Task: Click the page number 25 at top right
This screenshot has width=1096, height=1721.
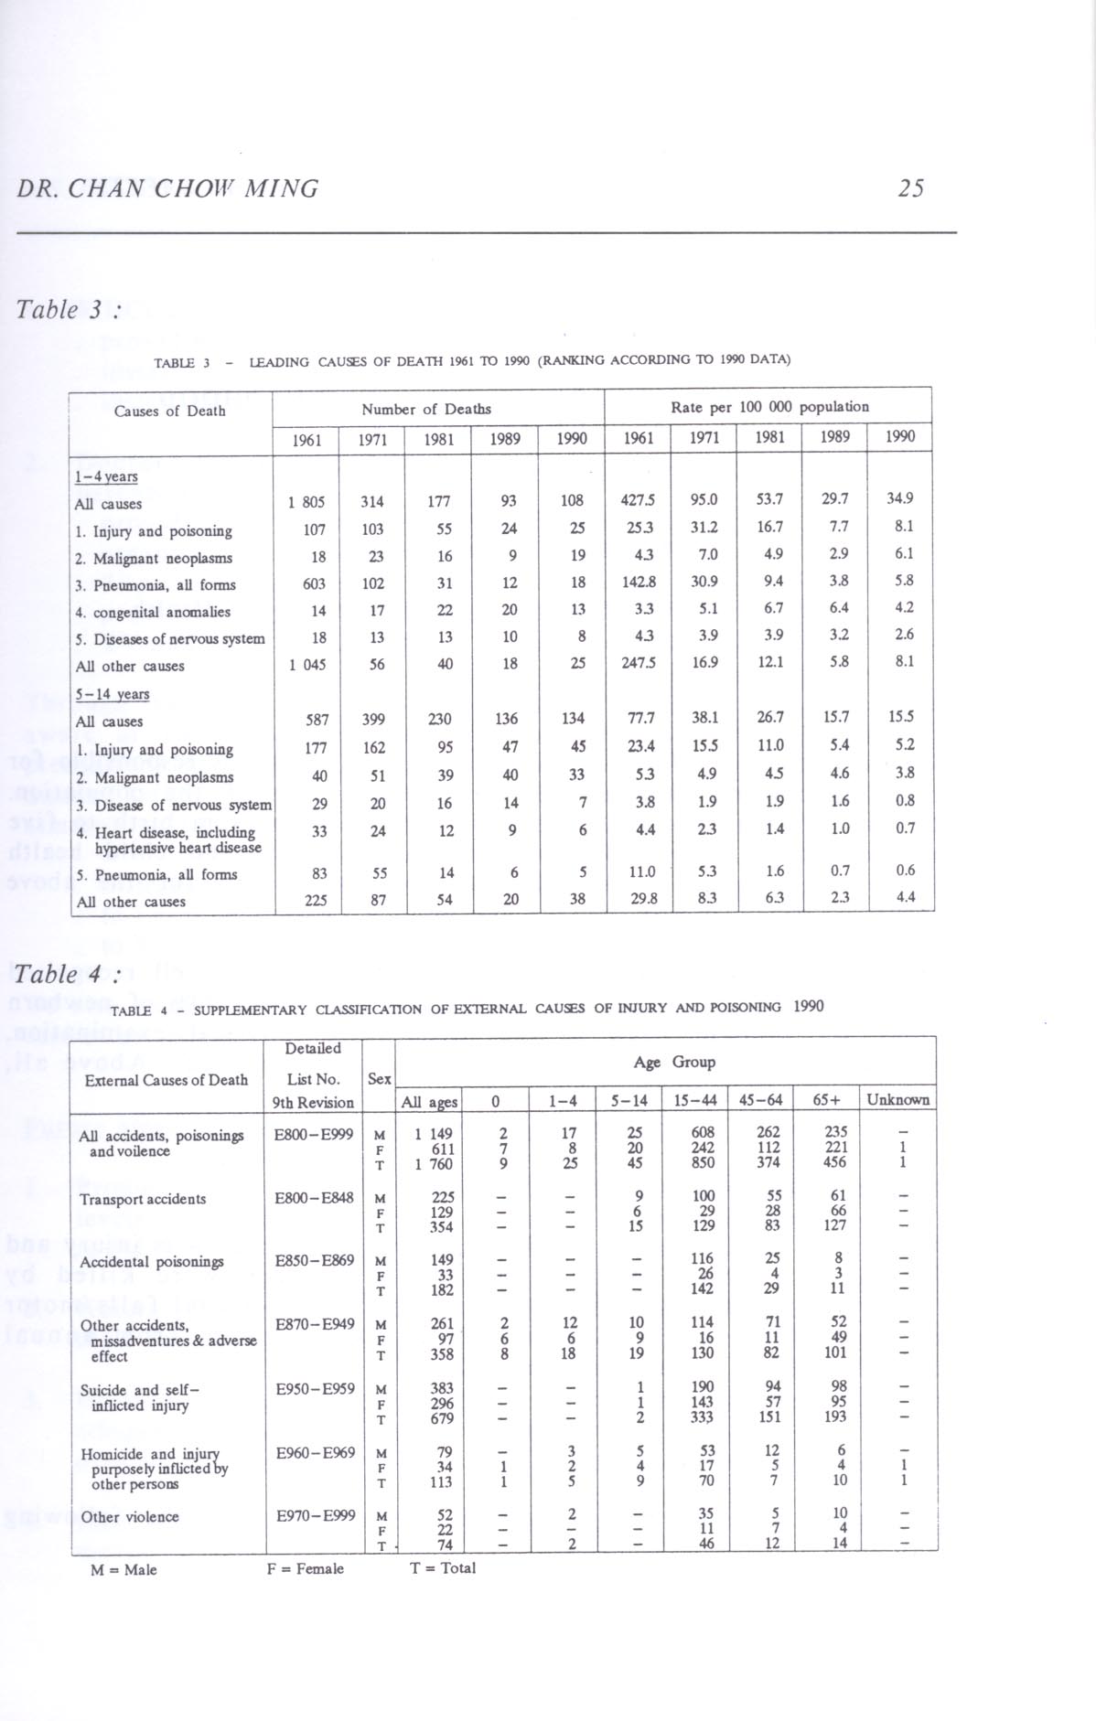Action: click(910, 188)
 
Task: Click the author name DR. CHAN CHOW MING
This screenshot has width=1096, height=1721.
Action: click(168, 189)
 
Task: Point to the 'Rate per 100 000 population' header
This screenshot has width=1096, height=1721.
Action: click(769, 406)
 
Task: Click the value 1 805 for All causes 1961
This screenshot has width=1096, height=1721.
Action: click(306, 502)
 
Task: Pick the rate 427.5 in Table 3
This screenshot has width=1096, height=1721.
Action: click(638, 500)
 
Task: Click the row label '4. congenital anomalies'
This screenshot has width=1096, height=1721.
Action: click(153, 612)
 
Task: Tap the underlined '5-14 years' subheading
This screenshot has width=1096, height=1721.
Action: click(112, 694)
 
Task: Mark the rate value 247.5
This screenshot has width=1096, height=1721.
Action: click(638, 662)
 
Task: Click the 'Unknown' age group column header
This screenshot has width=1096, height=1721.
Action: click(898, 1099)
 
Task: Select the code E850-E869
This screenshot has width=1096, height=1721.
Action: click(314, 1261)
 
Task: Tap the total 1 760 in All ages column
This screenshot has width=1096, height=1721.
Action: click(435, 1164)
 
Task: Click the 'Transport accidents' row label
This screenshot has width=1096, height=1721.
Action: click(143, 1199)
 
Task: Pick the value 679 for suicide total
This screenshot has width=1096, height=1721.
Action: click(443, 1418)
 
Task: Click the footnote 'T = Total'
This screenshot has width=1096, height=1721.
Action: click(442, 1567)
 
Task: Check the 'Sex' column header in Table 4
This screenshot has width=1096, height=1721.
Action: click(379, 1079)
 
